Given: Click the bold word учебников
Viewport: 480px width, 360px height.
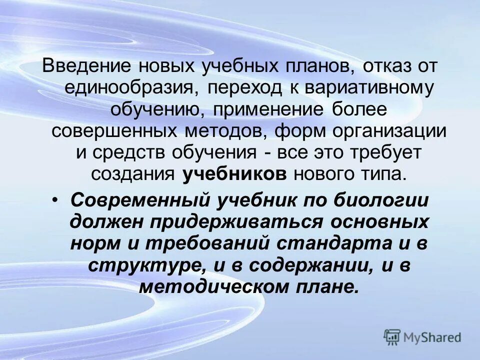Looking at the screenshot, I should (234, 174).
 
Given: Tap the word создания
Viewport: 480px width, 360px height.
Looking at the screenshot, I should (133, 174).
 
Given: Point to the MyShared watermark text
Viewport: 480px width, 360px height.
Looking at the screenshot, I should (432, 337).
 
